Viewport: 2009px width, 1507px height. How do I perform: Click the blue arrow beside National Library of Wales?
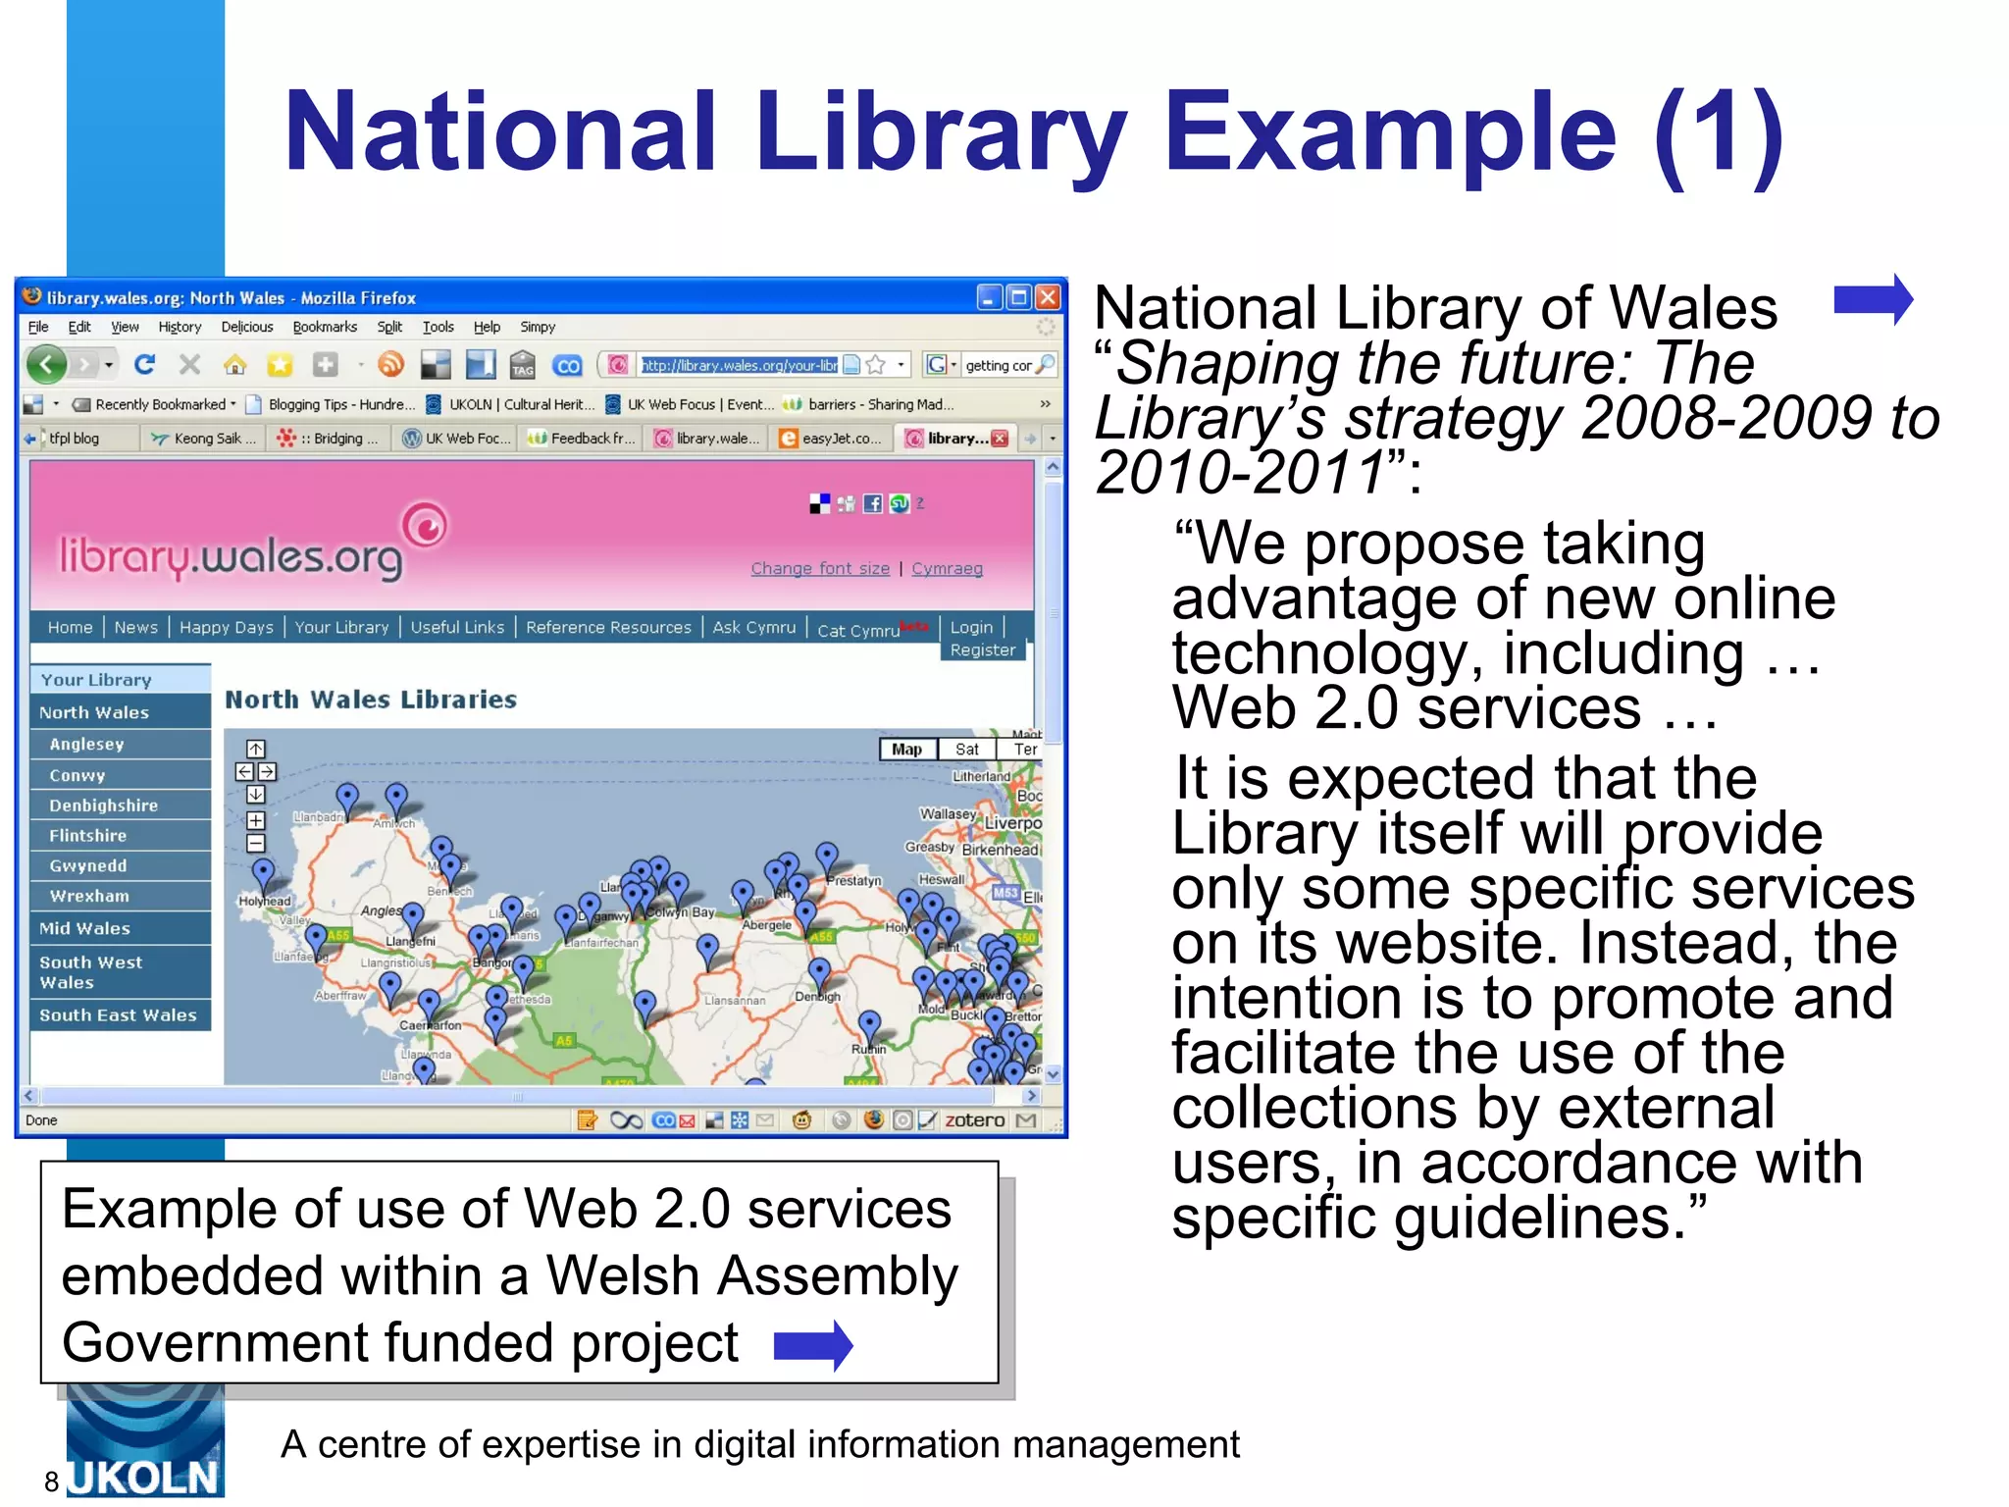(1873, 299)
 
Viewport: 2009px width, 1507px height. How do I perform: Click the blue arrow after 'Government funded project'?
(812, 1345)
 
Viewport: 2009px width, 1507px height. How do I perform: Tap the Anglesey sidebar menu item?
(87, 744)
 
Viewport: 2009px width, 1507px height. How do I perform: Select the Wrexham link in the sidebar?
(89, 896)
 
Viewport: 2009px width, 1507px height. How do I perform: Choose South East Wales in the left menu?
(118, 1015)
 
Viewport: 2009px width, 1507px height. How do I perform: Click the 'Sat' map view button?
(966, 750)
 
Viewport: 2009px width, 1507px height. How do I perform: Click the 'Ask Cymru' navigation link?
(753, 628)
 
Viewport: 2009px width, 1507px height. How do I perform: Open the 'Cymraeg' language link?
(947, 569)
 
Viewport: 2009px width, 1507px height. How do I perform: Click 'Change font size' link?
(820, 569)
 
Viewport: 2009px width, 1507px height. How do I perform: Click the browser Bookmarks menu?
(325, 328)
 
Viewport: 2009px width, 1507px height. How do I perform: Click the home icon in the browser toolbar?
(234, 366)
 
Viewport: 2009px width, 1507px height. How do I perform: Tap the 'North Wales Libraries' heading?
(371, 700)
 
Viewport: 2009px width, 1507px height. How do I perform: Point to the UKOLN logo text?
(144, 1478)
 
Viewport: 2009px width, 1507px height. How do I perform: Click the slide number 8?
(52, 1481)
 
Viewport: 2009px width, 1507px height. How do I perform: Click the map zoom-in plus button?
(255, 820)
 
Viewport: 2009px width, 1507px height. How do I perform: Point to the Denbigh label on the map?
(817, 997)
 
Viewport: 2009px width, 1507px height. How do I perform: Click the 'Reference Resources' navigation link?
(608, 628)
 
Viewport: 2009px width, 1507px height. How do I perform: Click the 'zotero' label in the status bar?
(973, 1120)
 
